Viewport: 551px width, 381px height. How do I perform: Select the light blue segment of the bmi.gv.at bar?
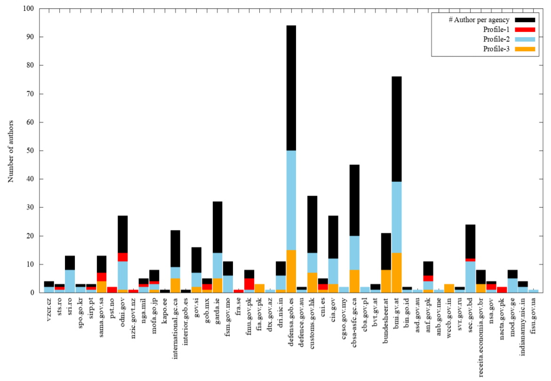[x=397, y=217]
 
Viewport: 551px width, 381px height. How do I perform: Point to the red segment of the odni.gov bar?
[x=122, y=257]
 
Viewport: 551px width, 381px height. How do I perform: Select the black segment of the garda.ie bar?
[x=217, y=227]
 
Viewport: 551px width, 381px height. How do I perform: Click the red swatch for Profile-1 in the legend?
[x=525, y=29]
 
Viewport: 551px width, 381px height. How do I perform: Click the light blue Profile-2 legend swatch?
[x=525, y=39]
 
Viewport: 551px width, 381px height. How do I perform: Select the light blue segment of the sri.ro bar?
[x=70, y=281]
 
